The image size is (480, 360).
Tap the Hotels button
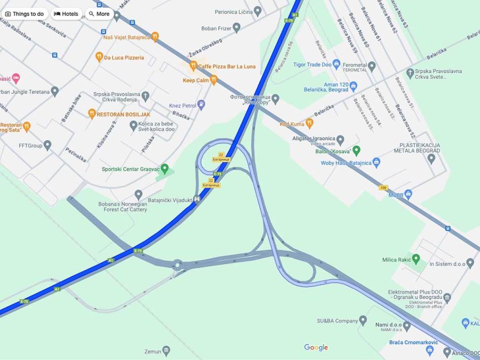[x=66, y=14]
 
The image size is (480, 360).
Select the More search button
[x=99, y=14]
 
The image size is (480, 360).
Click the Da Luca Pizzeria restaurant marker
[x=100, y=57]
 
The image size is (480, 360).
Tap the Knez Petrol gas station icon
[x=201, y=105]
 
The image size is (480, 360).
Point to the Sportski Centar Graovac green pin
[x=164, y=168]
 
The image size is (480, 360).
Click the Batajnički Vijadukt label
[x=170, y=200]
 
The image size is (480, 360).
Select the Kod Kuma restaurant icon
[x=310, y=123]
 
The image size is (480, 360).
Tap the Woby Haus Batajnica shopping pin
[x=376, y=162]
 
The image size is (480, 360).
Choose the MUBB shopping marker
[x=408, y=194]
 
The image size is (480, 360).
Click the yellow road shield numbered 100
[x=383, y=188]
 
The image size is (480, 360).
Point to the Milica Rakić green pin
[x=416, y=259]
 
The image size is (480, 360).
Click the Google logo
[x=316, y=347]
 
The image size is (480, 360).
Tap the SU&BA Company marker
[x=363, y=320]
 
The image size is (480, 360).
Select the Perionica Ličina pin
[x=258, y=11]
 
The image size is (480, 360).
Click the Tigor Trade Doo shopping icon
[x=337, y=64]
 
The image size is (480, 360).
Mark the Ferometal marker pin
[x=372, y=66]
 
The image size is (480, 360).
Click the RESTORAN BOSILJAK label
[x=123, y=114]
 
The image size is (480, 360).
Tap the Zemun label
[x=153, y=351]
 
